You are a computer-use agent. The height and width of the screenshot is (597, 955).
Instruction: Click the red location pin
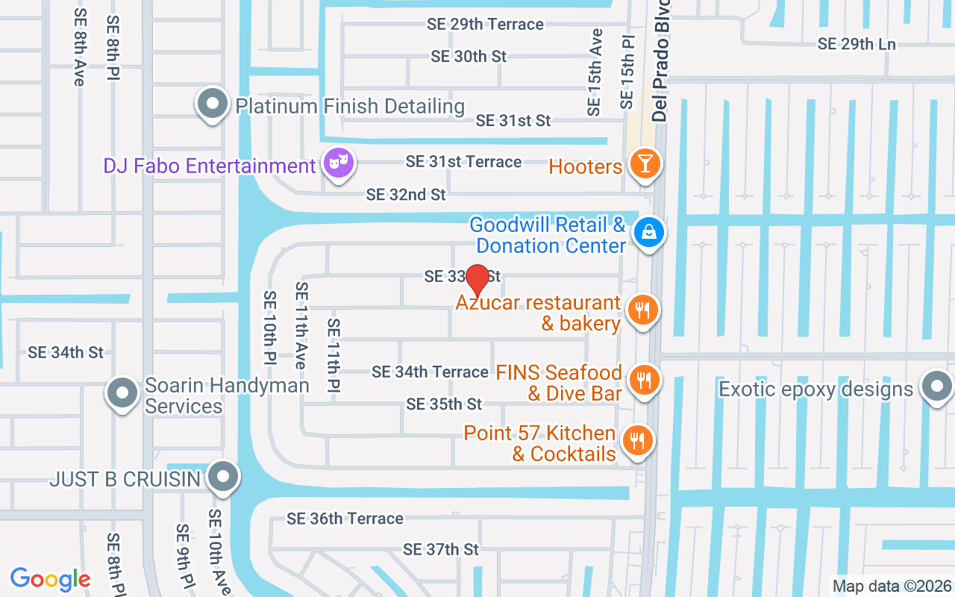(477, 280)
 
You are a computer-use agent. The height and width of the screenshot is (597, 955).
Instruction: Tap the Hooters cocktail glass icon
(645, 164)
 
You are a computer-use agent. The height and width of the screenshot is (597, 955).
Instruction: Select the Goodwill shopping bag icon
(649, 233)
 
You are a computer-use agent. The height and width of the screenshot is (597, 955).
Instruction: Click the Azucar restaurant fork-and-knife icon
(642, 310)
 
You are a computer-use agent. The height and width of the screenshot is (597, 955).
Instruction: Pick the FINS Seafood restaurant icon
(642, 381)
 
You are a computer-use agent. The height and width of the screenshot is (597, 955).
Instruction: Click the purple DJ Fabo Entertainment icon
(339, 163)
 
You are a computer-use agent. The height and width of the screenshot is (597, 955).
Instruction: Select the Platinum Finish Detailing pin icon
(213, 104)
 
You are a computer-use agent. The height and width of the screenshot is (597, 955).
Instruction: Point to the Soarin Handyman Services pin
(122, 393)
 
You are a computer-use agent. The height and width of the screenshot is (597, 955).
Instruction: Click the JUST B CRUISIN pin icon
(222, 476)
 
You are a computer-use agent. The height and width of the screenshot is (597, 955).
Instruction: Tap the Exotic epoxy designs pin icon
(935, 387)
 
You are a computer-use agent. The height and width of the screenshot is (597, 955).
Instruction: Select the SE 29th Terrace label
(485, 24)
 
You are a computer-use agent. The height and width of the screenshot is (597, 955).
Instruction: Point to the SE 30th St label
(469, 56)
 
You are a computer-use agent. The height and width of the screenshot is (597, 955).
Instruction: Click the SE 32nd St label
(406, 195)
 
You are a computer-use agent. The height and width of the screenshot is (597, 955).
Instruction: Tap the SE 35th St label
(444, 404)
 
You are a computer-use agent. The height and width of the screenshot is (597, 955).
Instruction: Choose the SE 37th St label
(441, 549)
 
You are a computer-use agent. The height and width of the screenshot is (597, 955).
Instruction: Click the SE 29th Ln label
(857, 44)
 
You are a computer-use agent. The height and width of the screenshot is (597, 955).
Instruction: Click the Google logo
(50, 578)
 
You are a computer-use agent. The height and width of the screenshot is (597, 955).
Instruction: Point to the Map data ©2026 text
(892, 586)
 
